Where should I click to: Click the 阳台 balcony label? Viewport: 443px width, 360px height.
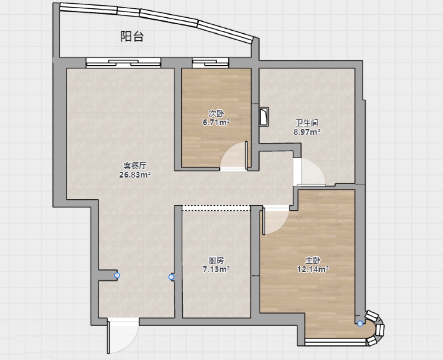(x=132, y=37)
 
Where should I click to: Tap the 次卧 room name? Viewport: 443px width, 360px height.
(x=216, y=113)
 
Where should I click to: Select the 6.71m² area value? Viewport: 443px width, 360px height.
(x=216, y=122)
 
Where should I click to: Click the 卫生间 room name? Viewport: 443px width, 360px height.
(x=307, y=123)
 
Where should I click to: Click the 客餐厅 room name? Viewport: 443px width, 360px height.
(x=135, y=166)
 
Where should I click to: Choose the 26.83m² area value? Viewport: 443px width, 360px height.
(x=135, y=175)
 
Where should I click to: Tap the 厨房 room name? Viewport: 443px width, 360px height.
(x=216, y=260)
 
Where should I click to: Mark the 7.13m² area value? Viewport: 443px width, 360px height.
(x=216, y=269)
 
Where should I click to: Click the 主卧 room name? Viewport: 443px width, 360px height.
(x=313, y=260)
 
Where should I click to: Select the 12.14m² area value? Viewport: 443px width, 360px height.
(x=313, y=269)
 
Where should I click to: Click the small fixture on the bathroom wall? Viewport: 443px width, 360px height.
(x=264, y=116)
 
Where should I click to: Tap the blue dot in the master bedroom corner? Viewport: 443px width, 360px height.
(x=360, y=324)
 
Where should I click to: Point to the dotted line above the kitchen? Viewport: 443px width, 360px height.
(x=216, y=208)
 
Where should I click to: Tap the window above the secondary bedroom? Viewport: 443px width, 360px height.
(x=210, y=63)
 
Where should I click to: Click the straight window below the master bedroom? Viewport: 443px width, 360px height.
(x=335, y=342)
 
